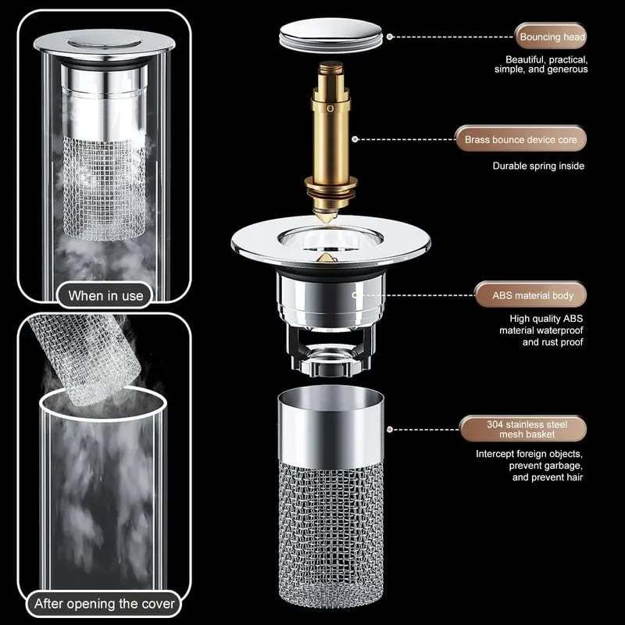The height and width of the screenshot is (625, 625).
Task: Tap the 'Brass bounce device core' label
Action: tap(520, 140)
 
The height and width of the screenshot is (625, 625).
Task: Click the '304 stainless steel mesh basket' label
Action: tap(524, 429)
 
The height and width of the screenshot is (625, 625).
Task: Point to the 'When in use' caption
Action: tap(105, 295)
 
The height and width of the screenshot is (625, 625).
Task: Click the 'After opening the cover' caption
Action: tap(105, 603)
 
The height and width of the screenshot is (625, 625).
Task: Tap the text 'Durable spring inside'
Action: tap(537, 166)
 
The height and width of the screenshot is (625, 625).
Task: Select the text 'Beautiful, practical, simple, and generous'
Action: tap(546, 64)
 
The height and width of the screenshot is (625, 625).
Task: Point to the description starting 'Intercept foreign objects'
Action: tap(529, 465)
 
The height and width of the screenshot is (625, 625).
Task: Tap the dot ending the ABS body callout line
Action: tap(356, 296)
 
